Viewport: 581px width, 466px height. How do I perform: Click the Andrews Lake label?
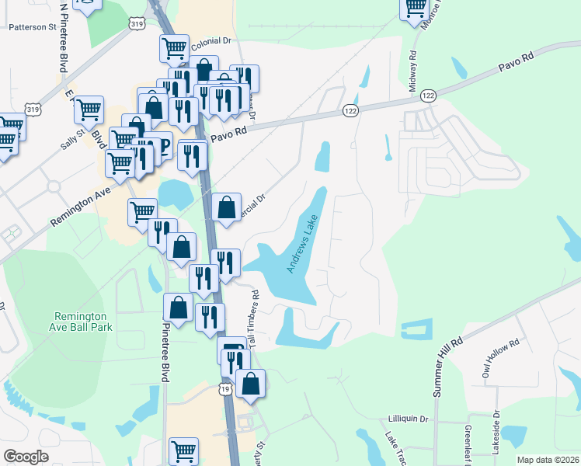click(x=303, y=244)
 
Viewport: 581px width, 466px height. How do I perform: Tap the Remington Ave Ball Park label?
click(x=83, y=322)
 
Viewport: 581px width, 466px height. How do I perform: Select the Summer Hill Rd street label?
click(x=448, y=367)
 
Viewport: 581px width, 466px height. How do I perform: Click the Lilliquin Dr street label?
click(x=408, y=419)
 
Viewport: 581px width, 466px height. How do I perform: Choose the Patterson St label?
click(x=33, y=26)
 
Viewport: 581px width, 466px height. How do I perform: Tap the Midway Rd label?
click(x=413, y=71)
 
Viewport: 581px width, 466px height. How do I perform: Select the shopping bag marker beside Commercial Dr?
click(x=226, y=207)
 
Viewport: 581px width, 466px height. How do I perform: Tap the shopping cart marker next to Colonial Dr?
click(x=174, y=48)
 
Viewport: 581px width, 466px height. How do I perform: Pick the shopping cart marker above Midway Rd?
click(x=416, y=7)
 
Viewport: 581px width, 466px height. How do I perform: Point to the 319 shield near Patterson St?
click(x=137, y=25)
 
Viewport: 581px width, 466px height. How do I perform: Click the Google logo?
click(x=26, y=456)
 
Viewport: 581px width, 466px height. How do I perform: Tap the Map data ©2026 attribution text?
click(x=547, y=460)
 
